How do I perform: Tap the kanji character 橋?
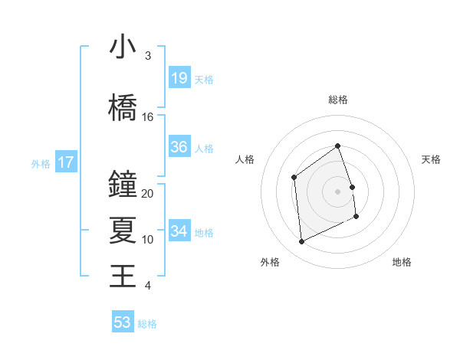pyautogui.click(x=123, y=107)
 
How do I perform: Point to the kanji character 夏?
pyautogui.click(x=123, y=230)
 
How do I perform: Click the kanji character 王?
pyautogui.click(x=123, y=276)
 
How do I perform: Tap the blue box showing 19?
pyautogui.click(x=179, y=78)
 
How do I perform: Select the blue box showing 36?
pyautogui.click(x=179, y=148)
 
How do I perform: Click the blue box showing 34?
pyautogui.click(x=179, y=231)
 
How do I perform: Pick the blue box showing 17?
pyautogui.click(x=66, y=162)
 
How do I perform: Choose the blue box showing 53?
pyautogui.click(x=123, y=322)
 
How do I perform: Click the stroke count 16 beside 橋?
pyautogui.click(x=148, y=117)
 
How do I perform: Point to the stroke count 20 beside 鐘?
pyautogui.click(x=148, y=194)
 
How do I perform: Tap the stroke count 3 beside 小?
pyautogui.click(x=148, y=56)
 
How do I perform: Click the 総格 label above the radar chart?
pyautogui.click(x=338, y=100)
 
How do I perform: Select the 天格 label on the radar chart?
pyautogui.click(x=432, y=159)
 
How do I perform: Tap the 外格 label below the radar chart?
pyautogui.click(x=270, y=262)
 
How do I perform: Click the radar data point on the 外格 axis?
pyautogui.click(x=301, y=242)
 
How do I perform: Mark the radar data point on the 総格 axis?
pyautogui.click(x=338, y=146)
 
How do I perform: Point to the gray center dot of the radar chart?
pyautogui.click(x=338, y=191)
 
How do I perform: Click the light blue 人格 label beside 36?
pyautogui.click(x=204, y=149)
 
